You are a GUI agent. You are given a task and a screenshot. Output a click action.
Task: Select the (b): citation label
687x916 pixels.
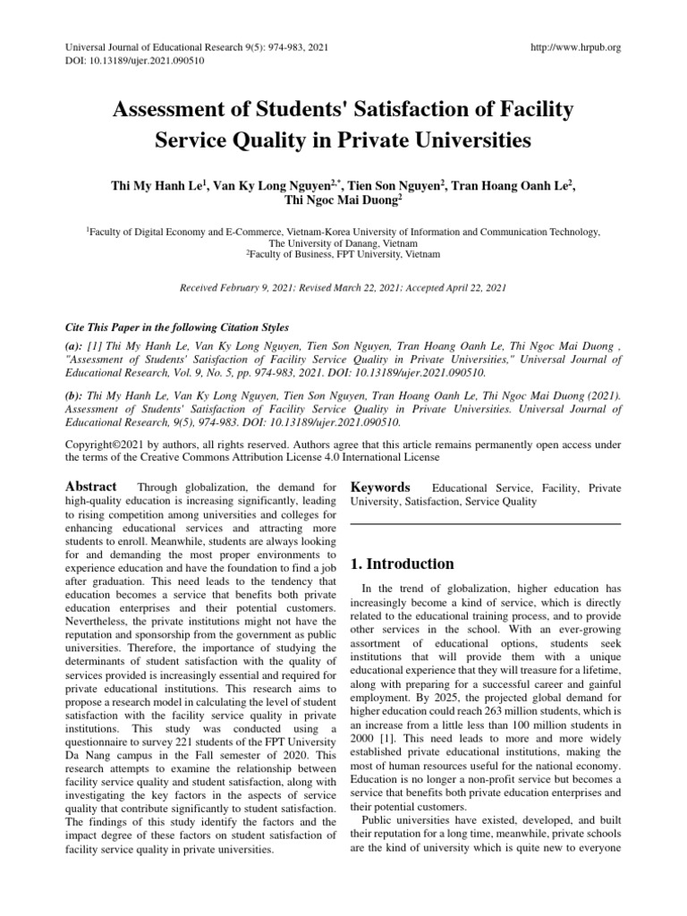[76, 394]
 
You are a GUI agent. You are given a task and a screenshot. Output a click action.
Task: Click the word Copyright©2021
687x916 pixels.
[107, 444]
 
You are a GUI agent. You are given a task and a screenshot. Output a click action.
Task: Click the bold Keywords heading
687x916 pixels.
[380, 488]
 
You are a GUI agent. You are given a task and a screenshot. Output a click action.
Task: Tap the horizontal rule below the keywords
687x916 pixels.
[484, 523]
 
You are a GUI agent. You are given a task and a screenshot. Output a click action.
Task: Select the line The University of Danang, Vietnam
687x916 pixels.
[343, 242]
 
